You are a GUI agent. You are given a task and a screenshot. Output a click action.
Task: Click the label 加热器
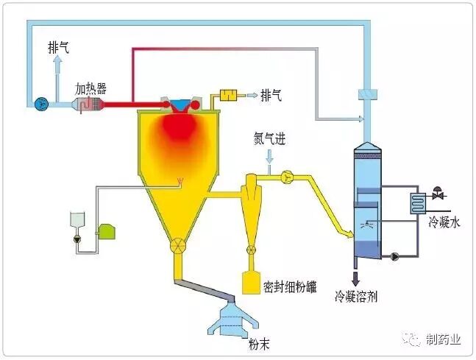tap(90, 88)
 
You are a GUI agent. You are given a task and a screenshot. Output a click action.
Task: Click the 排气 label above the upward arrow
tap(60, 46)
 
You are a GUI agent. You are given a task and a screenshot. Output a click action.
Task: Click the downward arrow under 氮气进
tap(270, 157)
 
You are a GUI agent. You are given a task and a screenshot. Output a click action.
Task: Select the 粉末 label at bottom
tap(238, 344)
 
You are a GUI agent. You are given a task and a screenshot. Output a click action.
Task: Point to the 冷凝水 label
tap(444, 221)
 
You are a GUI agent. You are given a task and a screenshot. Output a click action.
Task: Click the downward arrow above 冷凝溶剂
tap(356, 279)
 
